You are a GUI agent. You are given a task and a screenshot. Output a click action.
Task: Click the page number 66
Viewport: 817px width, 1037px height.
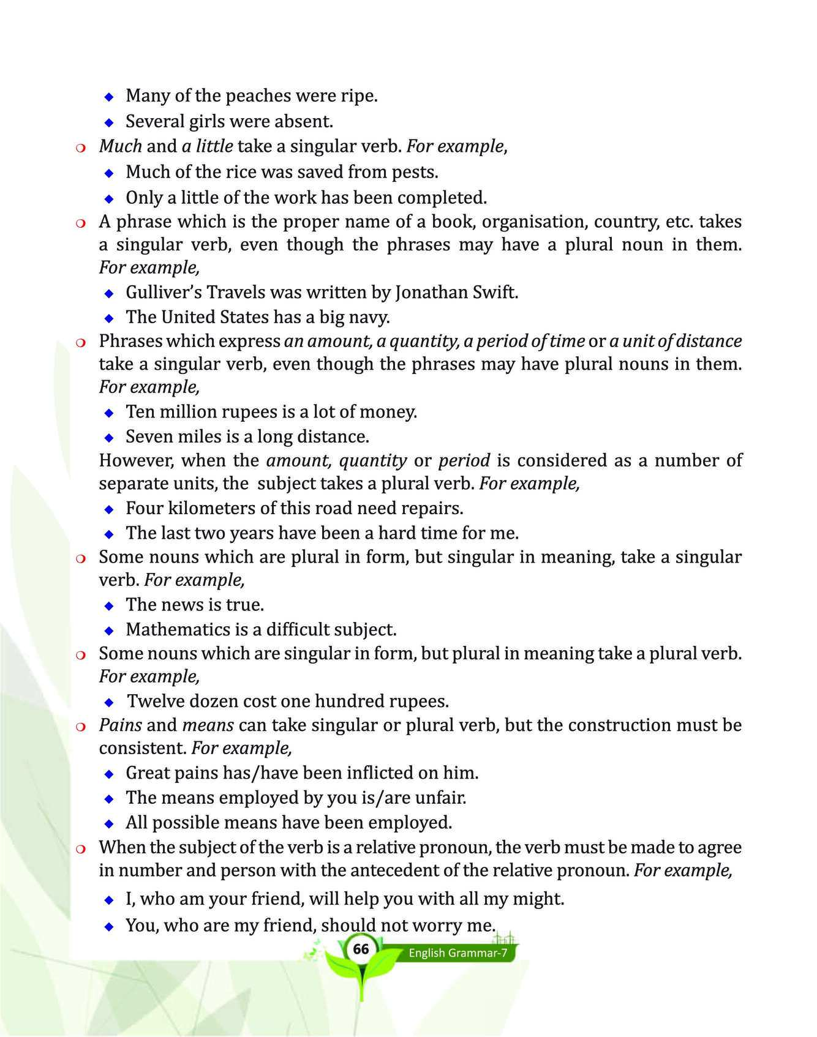(x=361, y=949)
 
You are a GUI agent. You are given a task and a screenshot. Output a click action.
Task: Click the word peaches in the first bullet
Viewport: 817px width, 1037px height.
(x=255, y=95)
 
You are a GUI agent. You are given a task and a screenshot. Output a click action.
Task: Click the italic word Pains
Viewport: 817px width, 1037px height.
(x=121, y=725)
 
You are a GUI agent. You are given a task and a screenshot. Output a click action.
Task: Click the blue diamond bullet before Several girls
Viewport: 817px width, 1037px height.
(x=109, y=122)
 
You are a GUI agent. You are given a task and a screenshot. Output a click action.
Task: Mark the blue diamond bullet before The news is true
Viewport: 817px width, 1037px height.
(x=109, y=605)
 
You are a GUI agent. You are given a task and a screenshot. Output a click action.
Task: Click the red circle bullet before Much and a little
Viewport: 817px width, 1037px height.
(x=80, y=147)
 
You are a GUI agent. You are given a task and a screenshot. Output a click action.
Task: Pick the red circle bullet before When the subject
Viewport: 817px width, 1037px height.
(x=80, y=848)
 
